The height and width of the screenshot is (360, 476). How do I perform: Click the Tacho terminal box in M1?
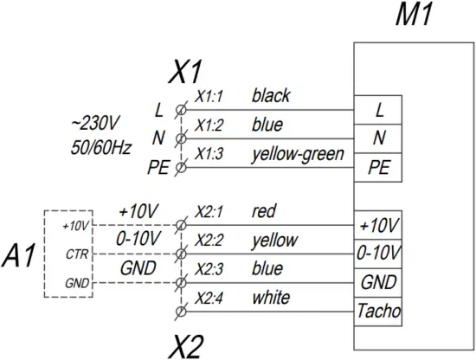point(379,309)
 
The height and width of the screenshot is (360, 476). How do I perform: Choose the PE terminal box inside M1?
point(379,167)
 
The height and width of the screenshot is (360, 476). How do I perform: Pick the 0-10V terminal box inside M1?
point(379,252)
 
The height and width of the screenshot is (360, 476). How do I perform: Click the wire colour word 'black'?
point(271,95)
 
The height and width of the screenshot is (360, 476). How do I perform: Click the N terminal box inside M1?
point(379,138)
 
